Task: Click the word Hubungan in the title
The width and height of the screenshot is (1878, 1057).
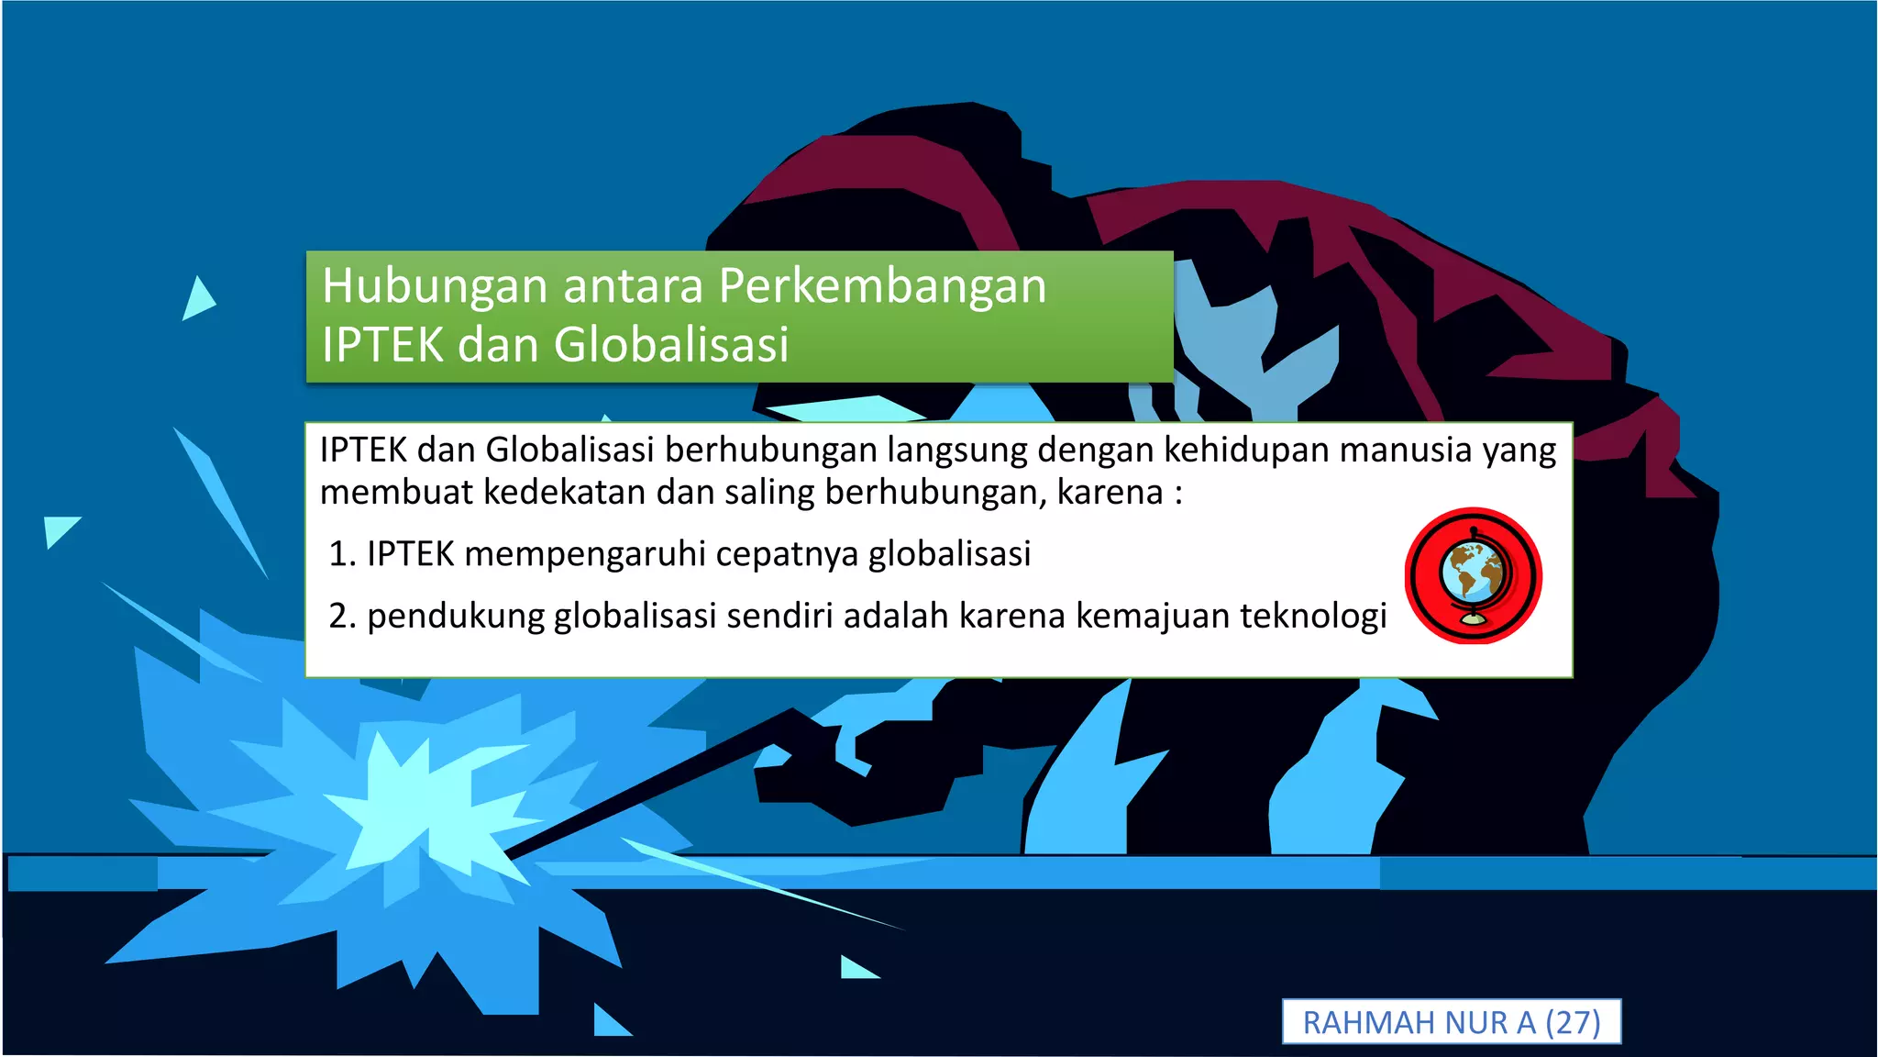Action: pyautogui.click(x=435, y=286)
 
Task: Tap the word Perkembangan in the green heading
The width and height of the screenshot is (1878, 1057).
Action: pyautogui.click(x=882, y=286)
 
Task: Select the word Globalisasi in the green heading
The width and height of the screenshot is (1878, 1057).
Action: pyautogui.click(x=671, y=345)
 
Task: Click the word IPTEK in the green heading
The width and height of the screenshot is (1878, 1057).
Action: pyautogui.click(x=384, y=345)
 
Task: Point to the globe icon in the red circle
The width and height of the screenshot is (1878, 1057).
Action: pyautogui.click(x=1473, y=576)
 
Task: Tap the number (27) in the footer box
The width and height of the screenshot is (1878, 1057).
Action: pyautogui.click(x=1573, y=1022)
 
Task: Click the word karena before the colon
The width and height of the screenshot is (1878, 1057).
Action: pyautogui.click(x=1110, y=493)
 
